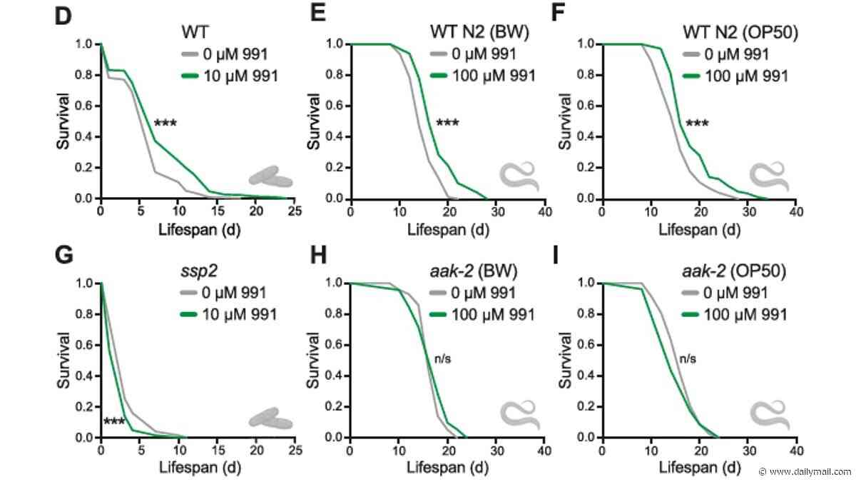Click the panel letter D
tap(63, 16)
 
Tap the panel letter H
tap(318, 255)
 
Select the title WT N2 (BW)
tap(479, 32)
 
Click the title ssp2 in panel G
tap(199, 271)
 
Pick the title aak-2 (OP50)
tap(734, 271)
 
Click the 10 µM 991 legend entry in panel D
tap(229, 76)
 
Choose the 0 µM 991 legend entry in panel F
tap(726, 54)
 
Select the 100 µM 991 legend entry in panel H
tap(482, 314)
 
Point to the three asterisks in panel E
tap(447, 123)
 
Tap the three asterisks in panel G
tap(114, 421)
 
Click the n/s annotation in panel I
tap(688, 358)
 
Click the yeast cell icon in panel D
tap(270, 176)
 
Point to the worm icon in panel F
tap(769, 176)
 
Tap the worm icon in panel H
tap(520, 415)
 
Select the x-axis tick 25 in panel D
tap(295, 211)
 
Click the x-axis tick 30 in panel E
tap(497, 211)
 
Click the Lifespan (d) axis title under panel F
tap(699, 229)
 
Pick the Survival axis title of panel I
tap(565, 361)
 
